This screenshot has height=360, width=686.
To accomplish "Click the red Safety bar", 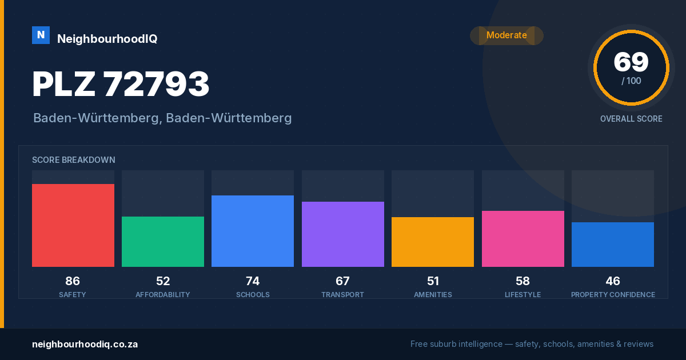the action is pos(73,225).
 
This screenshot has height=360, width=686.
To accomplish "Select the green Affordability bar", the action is pos(163,242).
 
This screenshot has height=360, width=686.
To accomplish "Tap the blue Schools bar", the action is pos(253,231).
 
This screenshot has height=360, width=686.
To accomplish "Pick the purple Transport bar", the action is pos(342,234).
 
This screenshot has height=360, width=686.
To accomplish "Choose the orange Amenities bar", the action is pos(433,242).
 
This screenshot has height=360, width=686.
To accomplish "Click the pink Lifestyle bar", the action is pos(523,239).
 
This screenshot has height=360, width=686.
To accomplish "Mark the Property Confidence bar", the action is pos(613,245).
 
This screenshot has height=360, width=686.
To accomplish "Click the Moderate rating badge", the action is pos(507,35).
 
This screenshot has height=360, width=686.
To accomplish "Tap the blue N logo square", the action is pos(41,35).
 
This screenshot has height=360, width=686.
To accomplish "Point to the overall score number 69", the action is pos(631,62).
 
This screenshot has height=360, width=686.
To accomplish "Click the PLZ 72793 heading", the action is pos(121,84).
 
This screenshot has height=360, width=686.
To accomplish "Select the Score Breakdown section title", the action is pos(74,160).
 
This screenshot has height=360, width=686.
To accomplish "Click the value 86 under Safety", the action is pos(73,281).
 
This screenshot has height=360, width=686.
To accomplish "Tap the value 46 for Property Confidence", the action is pos(613,281).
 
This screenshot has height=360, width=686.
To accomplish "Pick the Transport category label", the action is pos(342,295).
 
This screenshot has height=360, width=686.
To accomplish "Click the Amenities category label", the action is pos(433,295).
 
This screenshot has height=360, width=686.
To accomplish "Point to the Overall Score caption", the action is pos(631,119).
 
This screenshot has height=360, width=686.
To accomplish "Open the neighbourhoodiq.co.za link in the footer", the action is pos(85,345).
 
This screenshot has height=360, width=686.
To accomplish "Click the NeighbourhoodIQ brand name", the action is pos(107,39).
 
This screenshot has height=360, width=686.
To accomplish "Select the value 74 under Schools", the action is pos(253,281).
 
